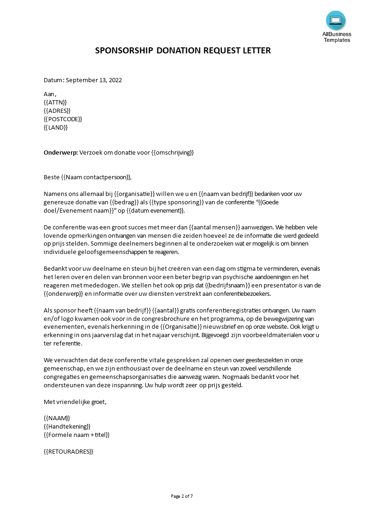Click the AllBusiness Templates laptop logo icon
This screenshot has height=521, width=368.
336,20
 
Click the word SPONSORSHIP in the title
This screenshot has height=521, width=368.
124,51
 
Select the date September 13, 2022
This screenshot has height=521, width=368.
94,80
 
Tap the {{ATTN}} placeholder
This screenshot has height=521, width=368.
55,102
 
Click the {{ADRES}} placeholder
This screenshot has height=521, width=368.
57,111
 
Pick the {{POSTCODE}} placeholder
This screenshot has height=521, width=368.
63,119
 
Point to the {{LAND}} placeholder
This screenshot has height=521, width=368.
56,127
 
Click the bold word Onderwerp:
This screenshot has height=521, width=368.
60,152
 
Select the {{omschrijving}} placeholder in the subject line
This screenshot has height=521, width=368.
172,152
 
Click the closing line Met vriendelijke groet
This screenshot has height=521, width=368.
75,402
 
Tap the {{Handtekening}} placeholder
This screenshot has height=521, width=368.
67,426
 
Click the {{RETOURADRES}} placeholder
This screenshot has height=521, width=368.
68,451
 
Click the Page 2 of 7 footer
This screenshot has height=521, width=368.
182,496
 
